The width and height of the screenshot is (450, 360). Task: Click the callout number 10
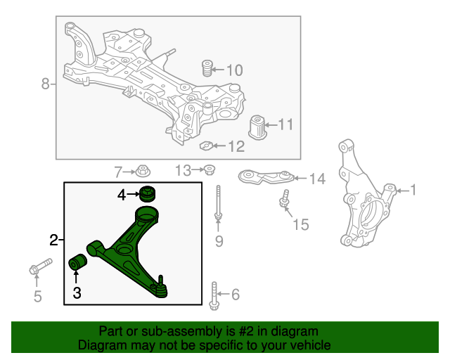click(233, 70)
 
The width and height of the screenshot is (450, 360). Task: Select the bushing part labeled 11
click(262, 127)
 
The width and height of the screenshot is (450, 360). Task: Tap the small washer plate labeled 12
click(206, 146)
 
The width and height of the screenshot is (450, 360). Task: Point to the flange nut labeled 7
click(143, 170)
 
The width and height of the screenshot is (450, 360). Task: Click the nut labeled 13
click(209, 169)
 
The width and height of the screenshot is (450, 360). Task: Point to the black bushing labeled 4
click(148, 193)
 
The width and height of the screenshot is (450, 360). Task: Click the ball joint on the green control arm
click(161, 287)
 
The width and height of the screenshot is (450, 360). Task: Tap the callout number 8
click(46, 84)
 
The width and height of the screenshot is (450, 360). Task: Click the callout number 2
click(54, 241)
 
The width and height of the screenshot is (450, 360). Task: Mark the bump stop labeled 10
click(207, 70)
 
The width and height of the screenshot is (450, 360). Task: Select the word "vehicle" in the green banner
click(308, 345)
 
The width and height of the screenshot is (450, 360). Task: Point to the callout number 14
click(317, 179)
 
